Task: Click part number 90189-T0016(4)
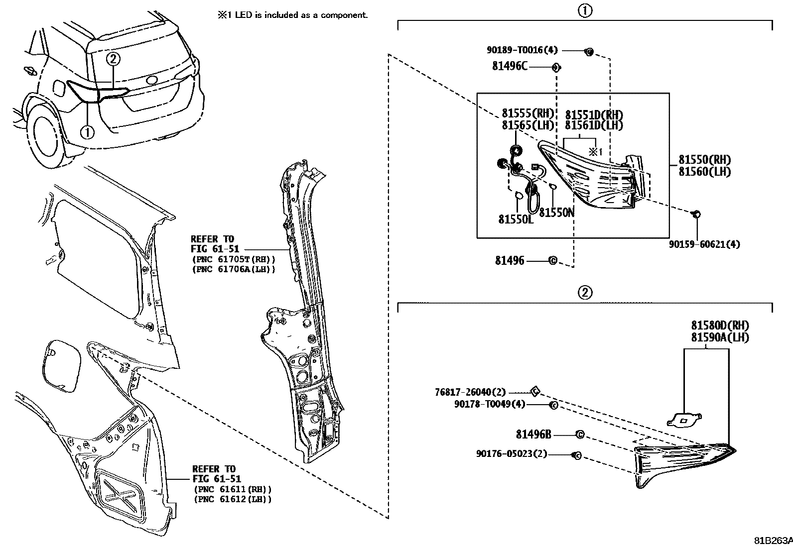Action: tap(522, 50)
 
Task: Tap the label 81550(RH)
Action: tap(704, 160)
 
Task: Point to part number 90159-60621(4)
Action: tap(704, 244)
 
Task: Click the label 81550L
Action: tap(515, 219)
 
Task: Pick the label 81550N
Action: tap(557, 213)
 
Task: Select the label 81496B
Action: tap(533, 435)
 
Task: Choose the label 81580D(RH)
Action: tap(720, 326)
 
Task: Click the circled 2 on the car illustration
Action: tap(113, 59)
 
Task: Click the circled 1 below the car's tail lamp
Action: tap(88, 132)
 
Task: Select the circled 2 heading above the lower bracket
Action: tap(585, 292)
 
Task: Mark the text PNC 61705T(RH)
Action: tap(233, 259)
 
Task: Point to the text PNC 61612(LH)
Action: tap(233, 499)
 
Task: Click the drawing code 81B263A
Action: tap(772, 540)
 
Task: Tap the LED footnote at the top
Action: tap(292, 15)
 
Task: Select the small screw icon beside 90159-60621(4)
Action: tap(696, 214)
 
